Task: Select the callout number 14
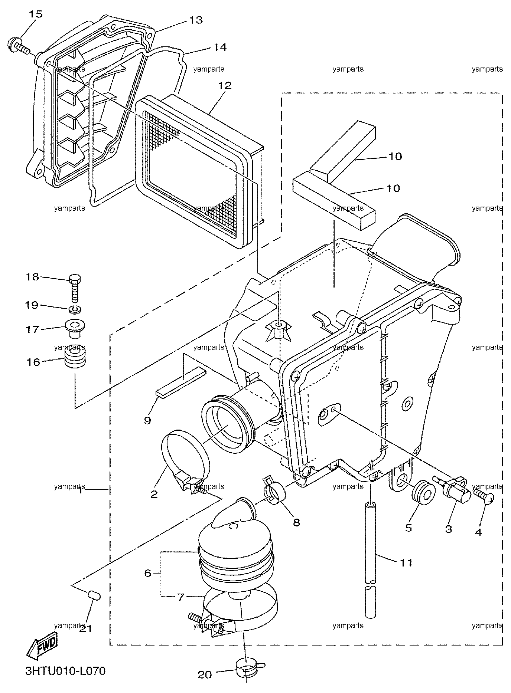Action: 219,47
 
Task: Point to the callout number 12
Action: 224,86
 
